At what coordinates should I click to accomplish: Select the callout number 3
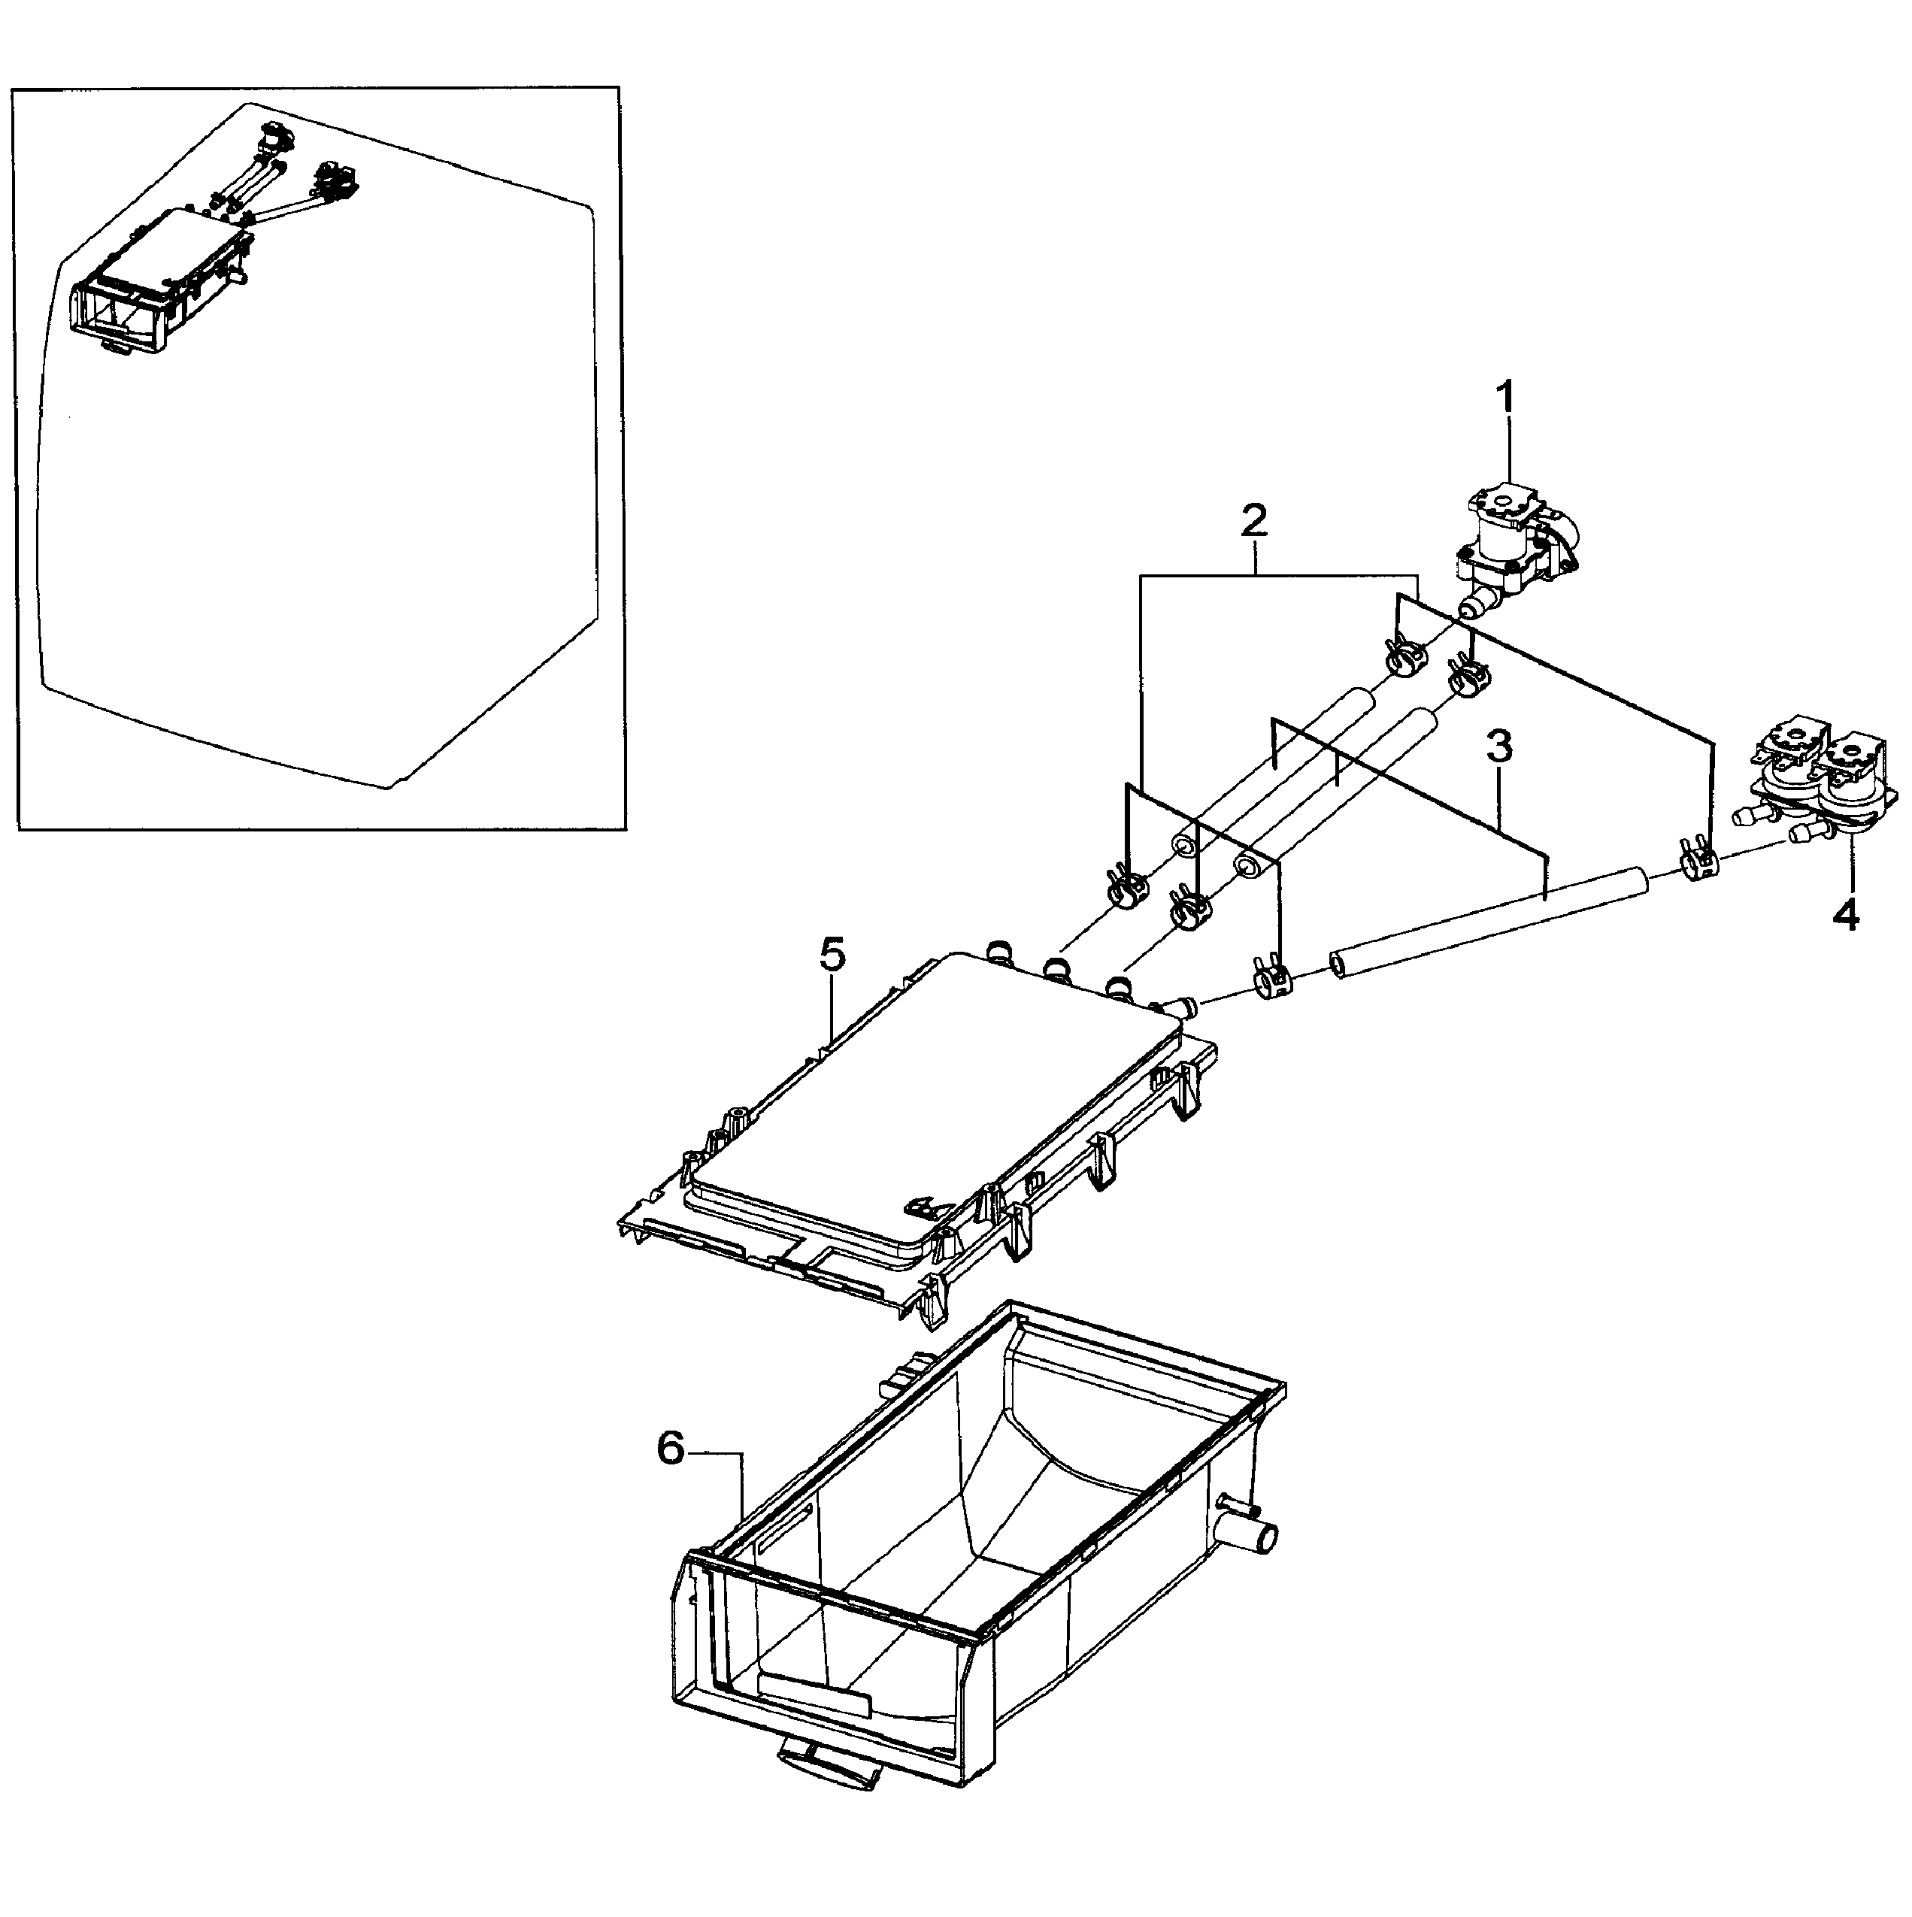(x=1499, y=747)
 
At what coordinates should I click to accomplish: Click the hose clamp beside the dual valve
(x=1700, y=859)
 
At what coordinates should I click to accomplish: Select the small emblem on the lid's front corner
(x=925, y=1207)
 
